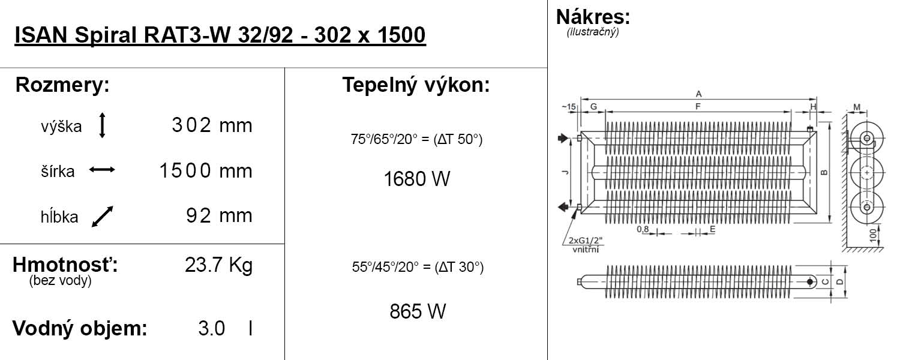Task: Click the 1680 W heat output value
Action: point(417,179)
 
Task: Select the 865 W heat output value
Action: point(418,311)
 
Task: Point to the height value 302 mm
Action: point(212,125)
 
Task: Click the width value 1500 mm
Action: point(206,171)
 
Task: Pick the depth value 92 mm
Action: point(219,216)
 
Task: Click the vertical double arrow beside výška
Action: point(102,125)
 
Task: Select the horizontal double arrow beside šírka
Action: point(102,170)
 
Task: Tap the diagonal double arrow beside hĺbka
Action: point(103,217)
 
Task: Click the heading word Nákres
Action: point(593,17)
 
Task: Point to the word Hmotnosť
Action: point(65,265)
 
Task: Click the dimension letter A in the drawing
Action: point(699,94)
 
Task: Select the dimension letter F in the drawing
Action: point(698,106)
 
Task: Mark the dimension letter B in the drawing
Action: point(824,173)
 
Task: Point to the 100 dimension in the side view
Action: point(872,235)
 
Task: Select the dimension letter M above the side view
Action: point(857,107)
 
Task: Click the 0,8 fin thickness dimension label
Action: point(643,229)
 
